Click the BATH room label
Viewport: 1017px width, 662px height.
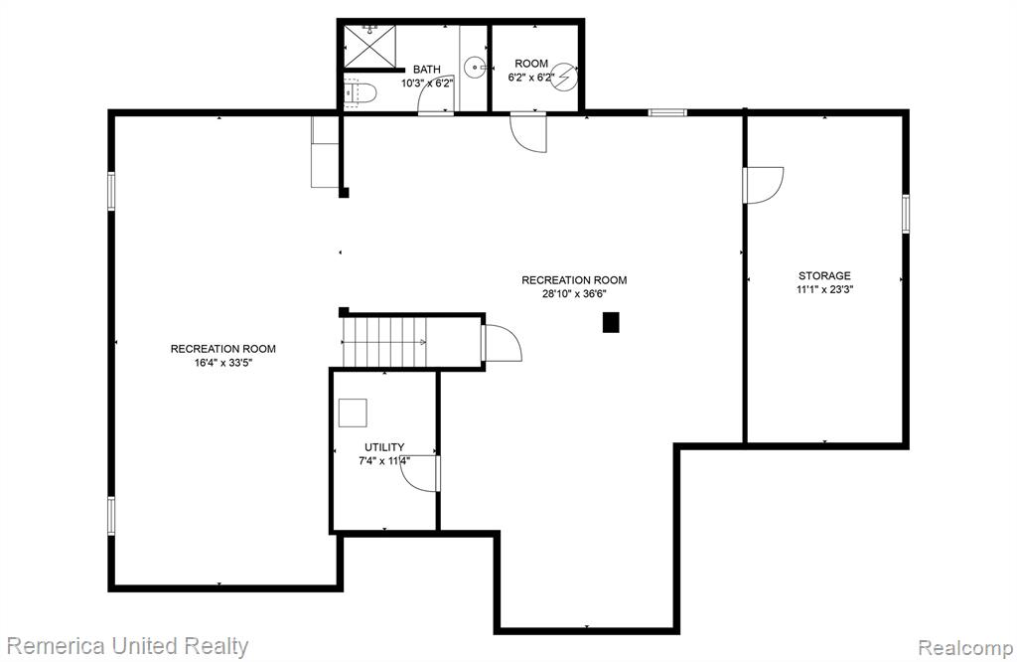pos(426,70)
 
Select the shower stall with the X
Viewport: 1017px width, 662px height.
pos(369,46)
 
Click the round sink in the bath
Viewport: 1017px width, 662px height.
pos(476,67)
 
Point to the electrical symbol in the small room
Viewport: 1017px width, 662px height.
pos(564,76)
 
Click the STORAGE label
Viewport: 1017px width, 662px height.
pos(824,276)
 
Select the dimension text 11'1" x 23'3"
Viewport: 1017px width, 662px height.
pos(824,290)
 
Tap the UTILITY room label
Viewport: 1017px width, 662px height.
pos(384,447)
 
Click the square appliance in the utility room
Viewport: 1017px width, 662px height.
pos(353,413)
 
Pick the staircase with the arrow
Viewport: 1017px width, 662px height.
pos(383,342)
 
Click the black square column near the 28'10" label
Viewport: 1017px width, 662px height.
pos(611,323)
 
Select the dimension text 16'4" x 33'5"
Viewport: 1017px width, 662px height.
pos(223,363)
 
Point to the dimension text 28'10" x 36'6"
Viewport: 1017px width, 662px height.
pos(574,293)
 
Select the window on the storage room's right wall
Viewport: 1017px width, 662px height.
pos(906,214)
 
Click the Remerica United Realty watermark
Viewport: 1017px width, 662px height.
pos(127,646)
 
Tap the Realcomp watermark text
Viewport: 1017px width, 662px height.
pos(965,648)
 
